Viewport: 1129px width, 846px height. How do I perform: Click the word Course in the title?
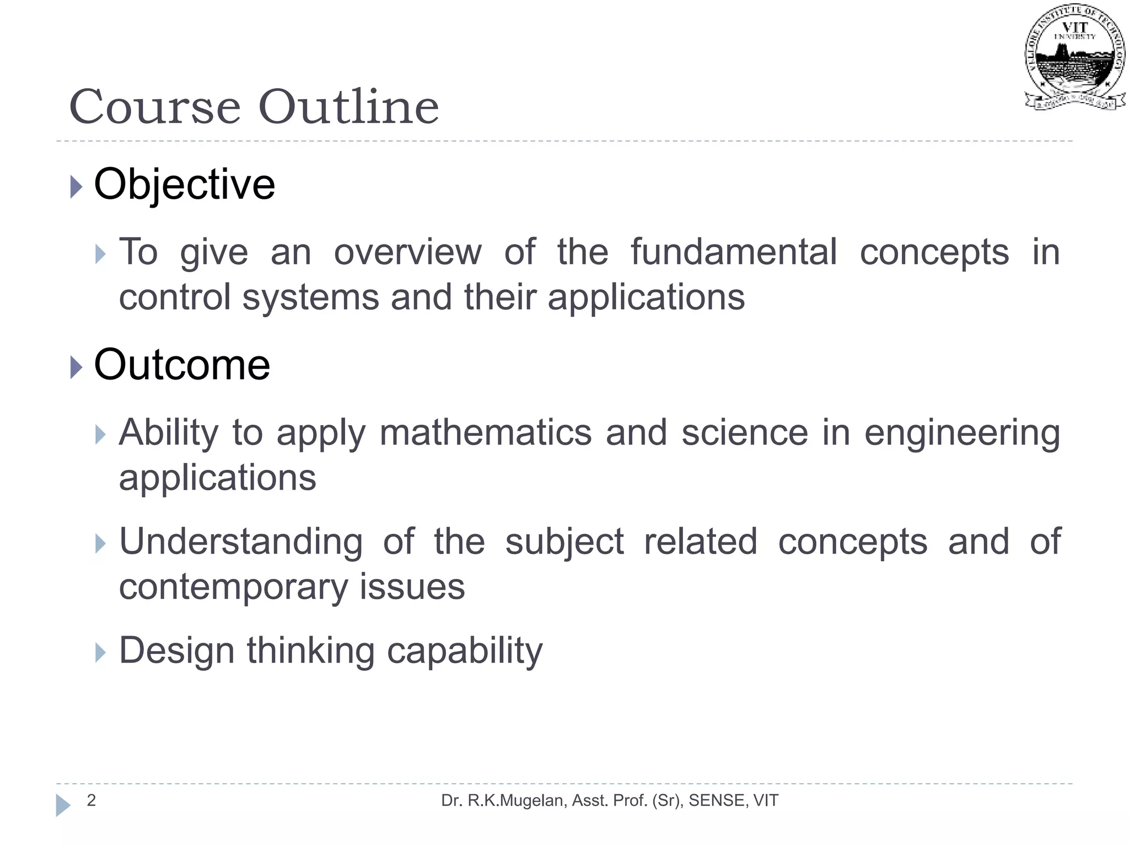(x=155, y=107)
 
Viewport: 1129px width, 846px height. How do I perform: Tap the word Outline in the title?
(x=348, y=107)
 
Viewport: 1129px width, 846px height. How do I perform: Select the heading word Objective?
(x=185, y=185)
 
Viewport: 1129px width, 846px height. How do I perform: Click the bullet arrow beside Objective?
(x=77, y=187)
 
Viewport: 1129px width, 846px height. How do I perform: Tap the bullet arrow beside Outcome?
(x=77, y=367)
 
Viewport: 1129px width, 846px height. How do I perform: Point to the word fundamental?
(x=734, y=252)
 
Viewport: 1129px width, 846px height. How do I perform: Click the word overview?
(x=408, y=252)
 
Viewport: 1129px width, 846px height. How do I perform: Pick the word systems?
(x=310, y=298)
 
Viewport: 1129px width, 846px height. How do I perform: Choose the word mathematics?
(x=486, y=432)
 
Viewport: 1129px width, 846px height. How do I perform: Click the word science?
(x=745, y=432)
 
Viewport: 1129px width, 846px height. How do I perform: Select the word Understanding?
(x=241, y=543)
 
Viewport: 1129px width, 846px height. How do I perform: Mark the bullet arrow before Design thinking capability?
(x=100, y=653)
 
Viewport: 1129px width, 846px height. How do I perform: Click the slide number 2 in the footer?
(x=92, y=800)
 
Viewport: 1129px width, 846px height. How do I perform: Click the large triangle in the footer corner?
(x=63, y=805)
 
